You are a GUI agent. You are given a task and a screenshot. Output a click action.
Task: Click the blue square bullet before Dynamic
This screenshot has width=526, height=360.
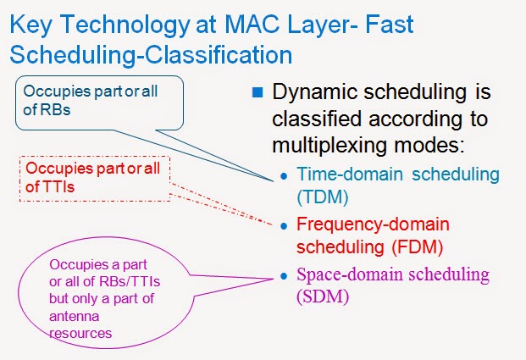(257, 92)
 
